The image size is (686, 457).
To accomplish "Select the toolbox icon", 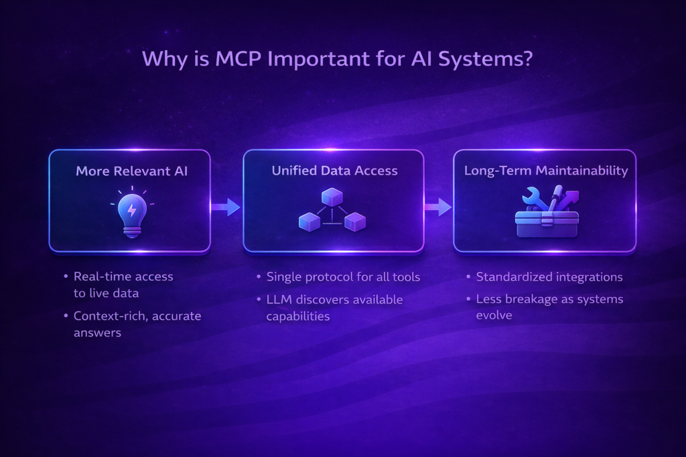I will click(546, 213).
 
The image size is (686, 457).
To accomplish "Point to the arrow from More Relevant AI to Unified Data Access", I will click(226, 207).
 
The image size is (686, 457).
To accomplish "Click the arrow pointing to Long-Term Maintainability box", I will click(438, 207).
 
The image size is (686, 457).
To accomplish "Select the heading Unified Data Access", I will click(334, 171).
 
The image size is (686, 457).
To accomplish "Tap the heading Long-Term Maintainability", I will click(546, 171).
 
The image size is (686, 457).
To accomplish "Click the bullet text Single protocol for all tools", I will click(343, 277).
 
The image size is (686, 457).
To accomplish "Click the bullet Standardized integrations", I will click(549, 277).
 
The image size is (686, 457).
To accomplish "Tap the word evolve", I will click(494, 315).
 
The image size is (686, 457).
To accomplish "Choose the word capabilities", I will click(298, 316).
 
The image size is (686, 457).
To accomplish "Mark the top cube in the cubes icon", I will click(332, 197).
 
